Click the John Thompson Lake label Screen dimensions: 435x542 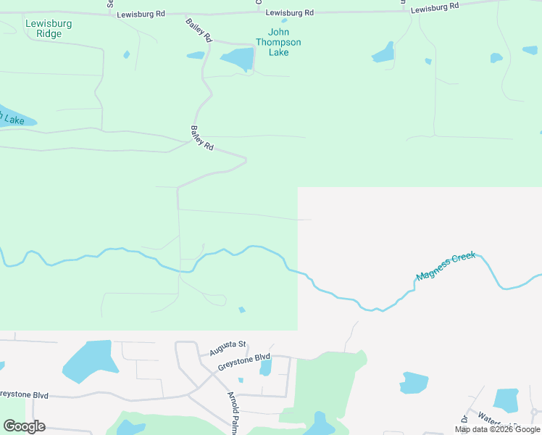pos(279,42)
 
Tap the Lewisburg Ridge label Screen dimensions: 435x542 pos(49,28)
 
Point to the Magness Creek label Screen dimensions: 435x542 pos(446,267)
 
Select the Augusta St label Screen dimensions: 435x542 pos(228,349)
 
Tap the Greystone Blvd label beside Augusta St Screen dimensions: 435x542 pos(243,362)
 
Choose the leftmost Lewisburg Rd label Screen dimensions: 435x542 pos(141,14)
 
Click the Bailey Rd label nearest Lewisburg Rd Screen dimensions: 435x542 pos(198,30)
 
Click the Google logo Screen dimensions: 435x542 pos(24,426)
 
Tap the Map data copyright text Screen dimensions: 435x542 pos(498,429)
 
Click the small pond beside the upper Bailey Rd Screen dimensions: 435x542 pos(196,55)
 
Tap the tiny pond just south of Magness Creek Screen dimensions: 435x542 pos(242,310)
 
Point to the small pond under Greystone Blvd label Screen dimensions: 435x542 pos(265,368)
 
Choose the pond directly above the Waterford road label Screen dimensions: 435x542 pos(506,399)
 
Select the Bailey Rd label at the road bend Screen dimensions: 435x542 pos(202,138)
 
